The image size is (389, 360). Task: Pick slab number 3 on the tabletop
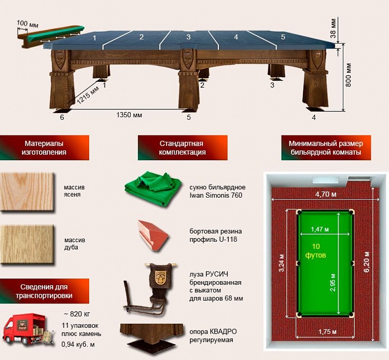pyautogui.click(x=188, y=37)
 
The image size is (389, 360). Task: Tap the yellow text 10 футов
pyautogui.click(x=316, y=251)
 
